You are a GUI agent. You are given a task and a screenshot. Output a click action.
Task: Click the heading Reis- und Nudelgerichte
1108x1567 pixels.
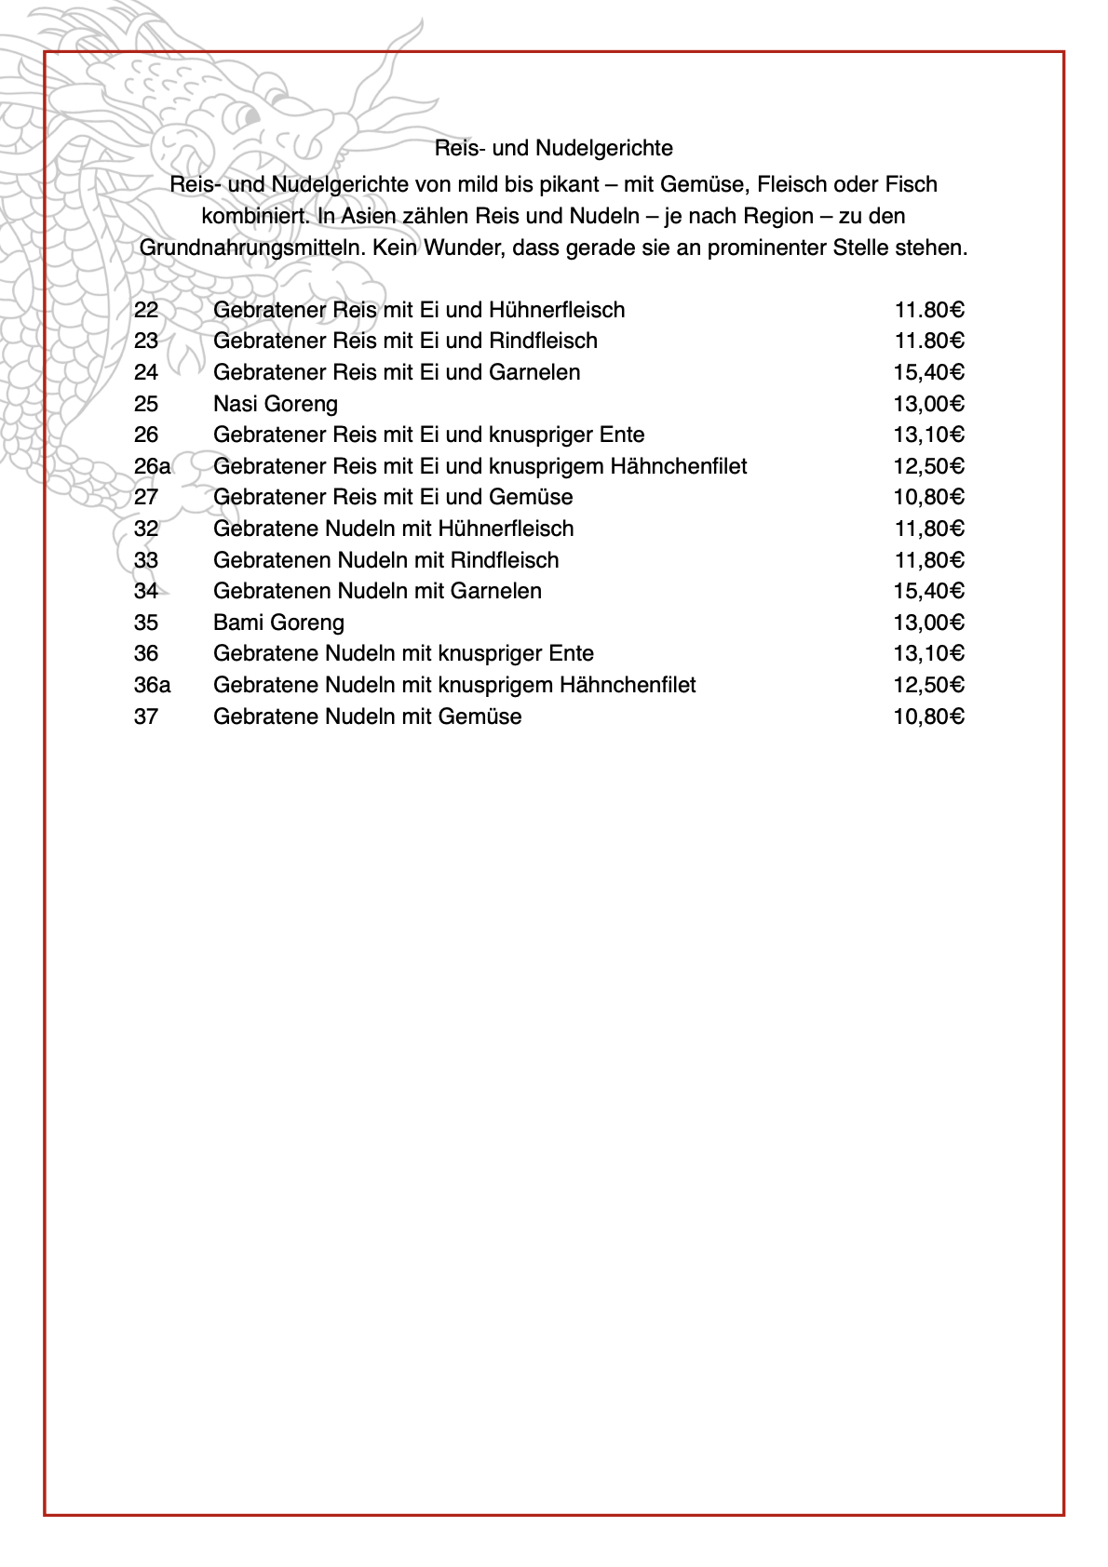coord(553,148)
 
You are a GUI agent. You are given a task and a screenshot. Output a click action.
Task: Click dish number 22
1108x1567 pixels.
coord(146,310)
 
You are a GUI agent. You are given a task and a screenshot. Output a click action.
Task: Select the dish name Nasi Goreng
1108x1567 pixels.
coord(275,404)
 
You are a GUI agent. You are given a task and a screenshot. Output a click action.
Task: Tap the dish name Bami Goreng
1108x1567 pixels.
coord(278,623)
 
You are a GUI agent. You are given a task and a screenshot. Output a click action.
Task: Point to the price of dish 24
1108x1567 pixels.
coord(928,372)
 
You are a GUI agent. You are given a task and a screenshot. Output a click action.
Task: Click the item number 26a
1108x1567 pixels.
coord(152,466)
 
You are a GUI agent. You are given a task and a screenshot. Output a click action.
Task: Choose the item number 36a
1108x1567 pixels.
coord(152,685)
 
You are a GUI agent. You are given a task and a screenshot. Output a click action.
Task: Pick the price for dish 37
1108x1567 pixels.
coord(928,717)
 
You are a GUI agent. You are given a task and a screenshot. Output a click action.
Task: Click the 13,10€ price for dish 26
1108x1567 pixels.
coord(928,435)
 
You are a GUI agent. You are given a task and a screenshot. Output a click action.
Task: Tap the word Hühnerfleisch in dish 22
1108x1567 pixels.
coord(557,310)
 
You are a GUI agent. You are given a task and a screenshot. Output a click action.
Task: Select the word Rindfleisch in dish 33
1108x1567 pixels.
coord(505,560)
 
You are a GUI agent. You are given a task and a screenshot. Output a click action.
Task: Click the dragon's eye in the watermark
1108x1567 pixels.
coord(246,115)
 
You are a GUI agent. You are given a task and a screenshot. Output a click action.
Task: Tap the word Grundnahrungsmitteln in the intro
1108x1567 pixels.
coord(252,248)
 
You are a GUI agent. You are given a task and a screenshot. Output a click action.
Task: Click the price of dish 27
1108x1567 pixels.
coord(928,497)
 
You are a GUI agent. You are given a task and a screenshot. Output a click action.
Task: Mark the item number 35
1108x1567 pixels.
coord(146,623)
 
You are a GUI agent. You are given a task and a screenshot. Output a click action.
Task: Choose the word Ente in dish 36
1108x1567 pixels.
coord(572,653)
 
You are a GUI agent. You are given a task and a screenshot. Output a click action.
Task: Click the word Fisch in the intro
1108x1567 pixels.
coord(909,184)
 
